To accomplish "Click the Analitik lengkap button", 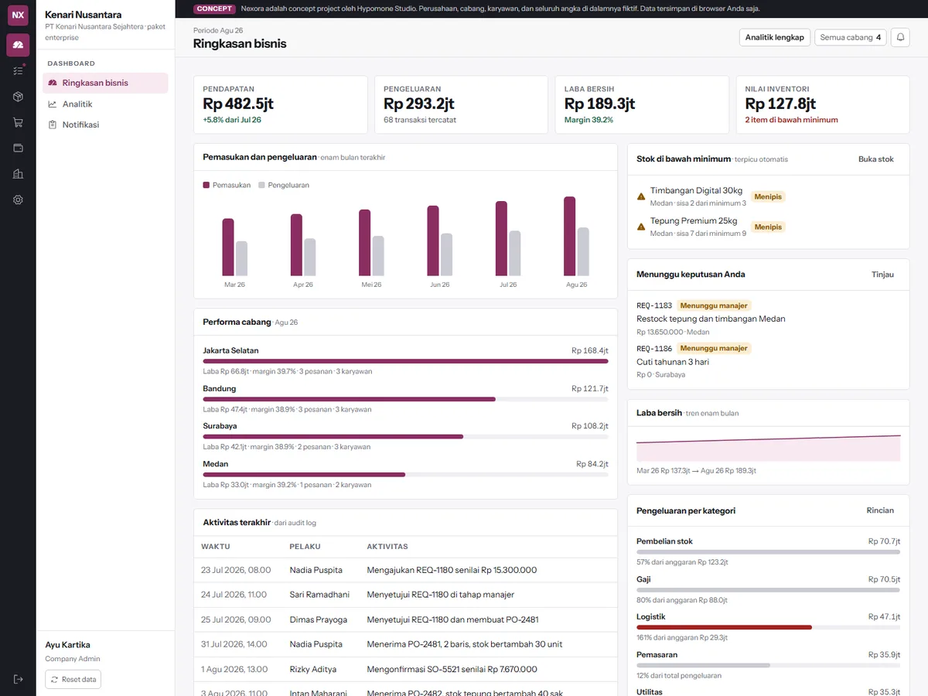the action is [774, 37].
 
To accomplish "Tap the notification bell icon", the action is [900, 37].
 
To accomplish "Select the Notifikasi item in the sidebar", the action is [80, 125].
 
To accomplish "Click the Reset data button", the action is [73, 679].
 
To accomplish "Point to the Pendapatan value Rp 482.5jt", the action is [238, 104].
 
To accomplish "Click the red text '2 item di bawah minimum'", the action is [791, 120].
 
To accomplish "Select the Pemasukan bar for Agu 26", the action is [569, 236].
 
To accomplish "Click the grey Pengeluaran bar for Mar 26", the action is [241, 258].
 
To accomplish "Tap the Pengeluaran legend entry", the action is [284, 185].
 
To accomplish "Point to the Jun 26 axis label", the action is [440, 285].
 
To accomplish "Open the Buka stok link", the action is [875, 159].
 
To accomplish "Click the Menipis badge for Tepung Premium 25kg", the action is [768, 227].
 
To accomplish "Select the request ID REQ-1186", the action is [654, 349].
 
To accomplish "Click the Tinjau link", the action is [882, 275].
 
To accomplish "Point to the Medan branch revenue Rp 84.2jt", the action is [592, 464].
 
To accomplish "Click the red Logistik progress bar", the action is [724, 627].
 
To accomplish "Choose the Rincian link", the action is [880, 510].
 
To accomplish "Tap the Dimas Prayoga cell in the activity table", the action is [318, 619].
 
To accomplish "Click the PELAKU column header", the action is [305, 547].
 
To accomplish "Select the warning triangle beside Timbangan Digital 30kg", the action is [641, 196].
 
